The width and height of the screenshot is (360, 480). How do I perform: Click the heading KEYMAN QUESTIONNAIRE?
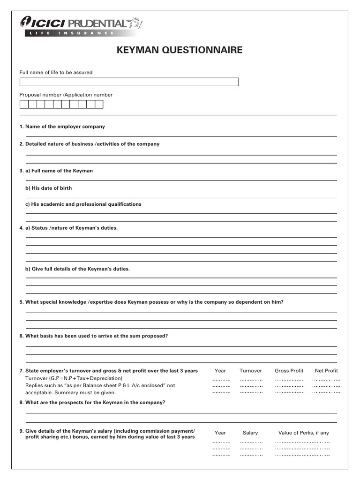pos(180,50)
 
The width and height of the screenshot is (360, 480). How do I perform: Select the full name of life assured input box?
pos(129,82)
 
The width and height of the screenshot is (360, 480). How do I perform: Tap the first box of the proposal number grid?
pos(23,105)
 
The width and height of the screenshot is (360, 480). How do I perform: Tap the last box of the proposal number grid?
pos(98,105)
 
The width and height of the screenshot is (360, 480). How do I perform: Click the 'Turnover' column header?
pos(250,371)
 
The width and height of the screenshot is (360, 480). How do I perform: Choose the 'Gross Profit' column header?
pos(289,371)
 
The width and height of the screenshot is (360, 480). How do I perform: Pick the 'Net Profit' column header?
pos(326,371)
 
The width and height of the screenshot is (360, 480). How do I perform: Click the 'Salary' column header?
pos(250,433)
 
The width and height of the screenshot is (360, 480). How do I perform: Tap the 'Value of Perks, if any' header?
pos(303,433)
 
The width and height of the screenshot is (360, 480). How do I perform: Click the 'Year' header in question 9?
pos(220,433)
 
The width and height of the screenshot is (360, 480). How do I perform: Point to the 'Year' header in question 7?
pos(220,371)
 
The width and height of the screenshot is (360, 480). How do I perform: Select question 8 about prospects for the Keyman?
pos(95,403)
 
